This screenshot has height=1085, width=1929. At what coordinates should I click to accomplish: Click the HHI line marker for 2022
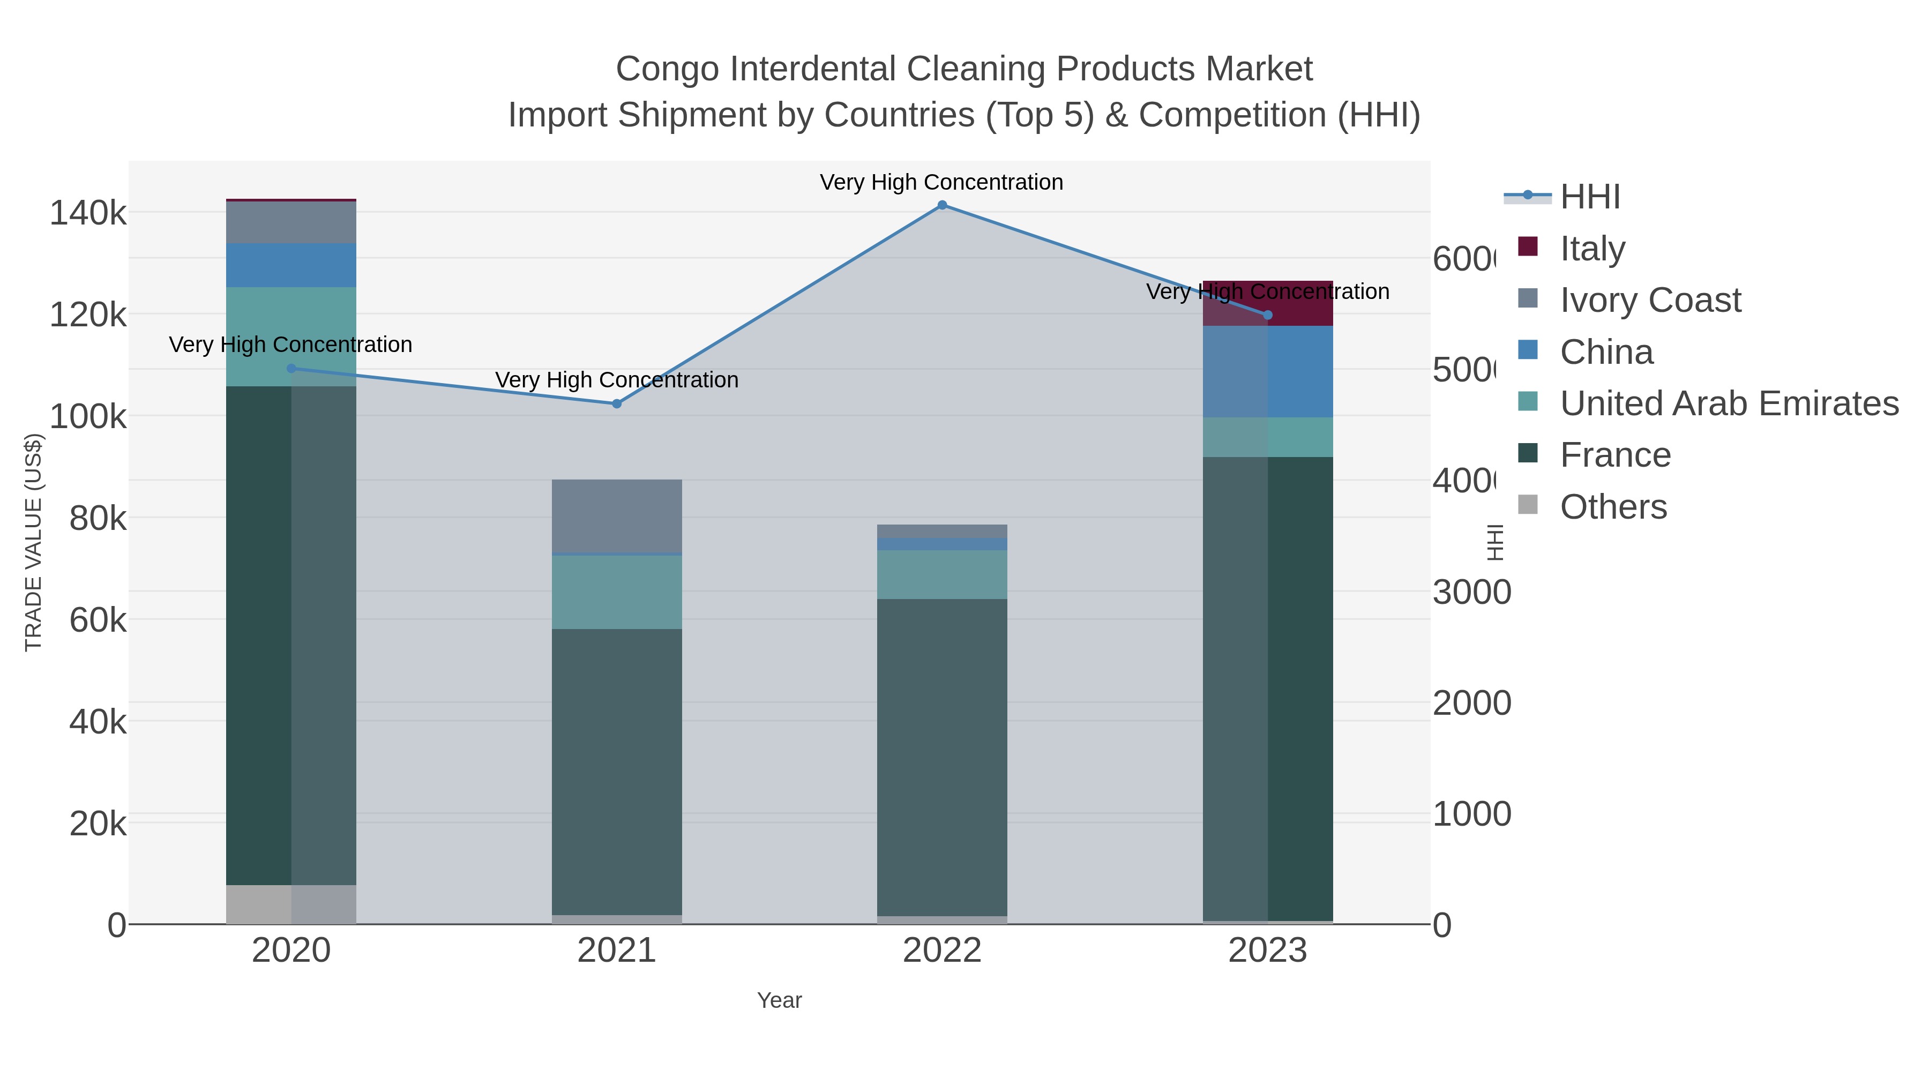942,205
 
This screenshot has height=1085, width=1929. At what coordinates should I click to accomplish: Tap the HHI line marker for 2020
291,369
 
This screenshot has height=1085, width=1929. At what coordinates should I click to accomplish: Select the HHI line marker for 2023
1268,315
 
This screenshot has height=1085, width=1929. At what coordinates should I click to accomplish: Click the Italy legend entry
1592,249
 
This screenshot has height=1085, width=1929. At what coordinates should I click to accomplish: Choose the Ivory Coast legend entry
1650,300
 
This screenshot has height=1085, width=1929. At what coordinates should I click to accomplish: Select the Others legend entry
1613,507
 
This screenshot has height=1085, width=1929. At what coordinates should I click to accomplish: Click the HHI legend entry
1590,197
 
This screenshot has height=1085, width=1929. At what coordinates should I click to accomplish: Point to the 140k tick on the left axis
88,213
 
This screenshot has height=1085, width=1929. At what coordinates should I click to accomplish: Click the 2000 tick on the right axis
1471,703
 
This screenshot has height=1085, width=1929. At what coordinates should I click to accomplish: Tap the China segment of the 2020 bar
291,265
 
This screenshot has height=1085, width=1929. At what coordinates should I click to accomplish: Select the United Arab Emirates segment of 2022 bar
942,574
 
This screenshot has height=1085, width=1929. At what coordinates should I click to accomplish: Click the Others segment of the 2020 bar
291,904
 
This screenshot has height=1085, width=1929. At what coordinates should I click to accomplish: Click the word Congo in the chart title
668,69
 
